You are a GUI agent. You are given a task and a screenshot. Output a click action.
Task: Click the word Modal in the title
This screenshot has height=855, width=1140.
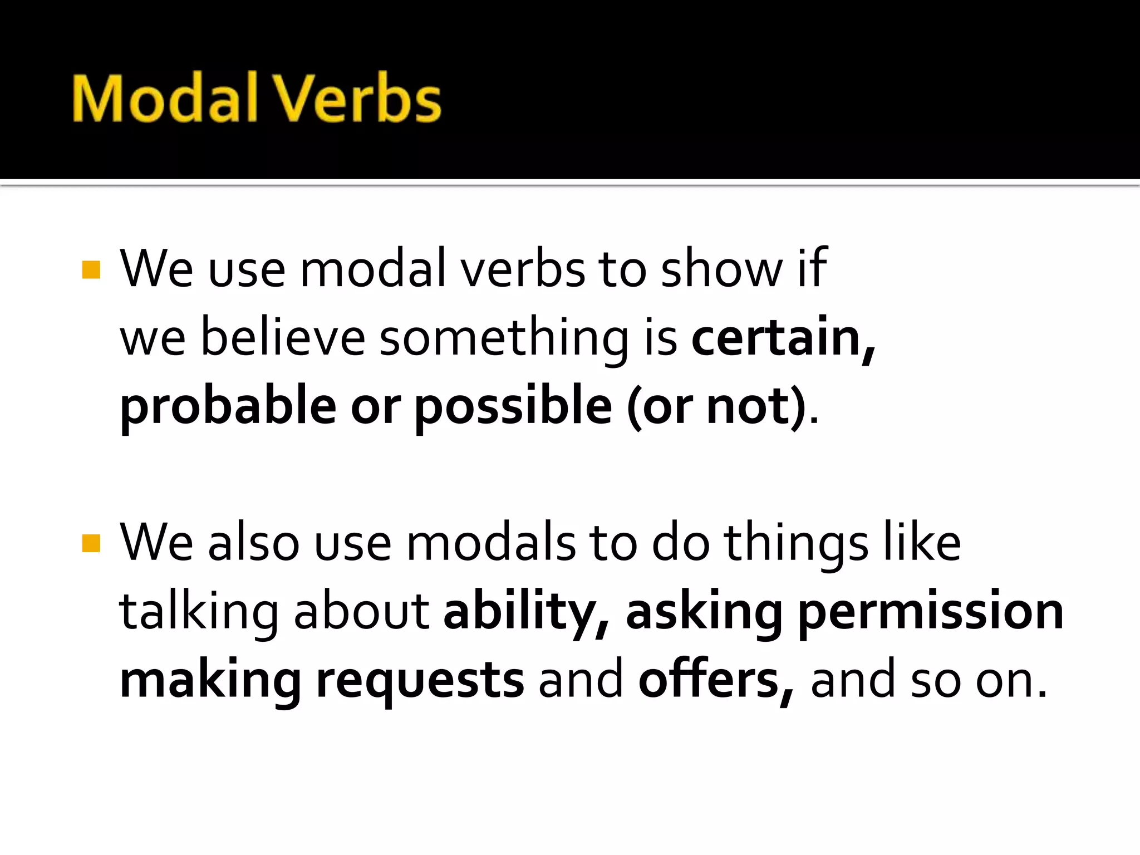165,98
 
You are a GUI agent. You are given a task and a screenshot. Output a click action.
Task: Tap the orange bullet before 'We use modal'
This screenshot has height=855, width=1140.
91,270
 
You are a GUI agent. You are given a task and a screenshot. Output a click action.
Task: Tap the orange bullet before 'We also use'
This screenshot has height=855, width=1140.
91,543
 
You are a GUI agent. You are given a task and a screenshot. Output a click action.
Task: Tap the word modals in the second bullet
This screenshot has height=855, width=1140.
491,543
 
